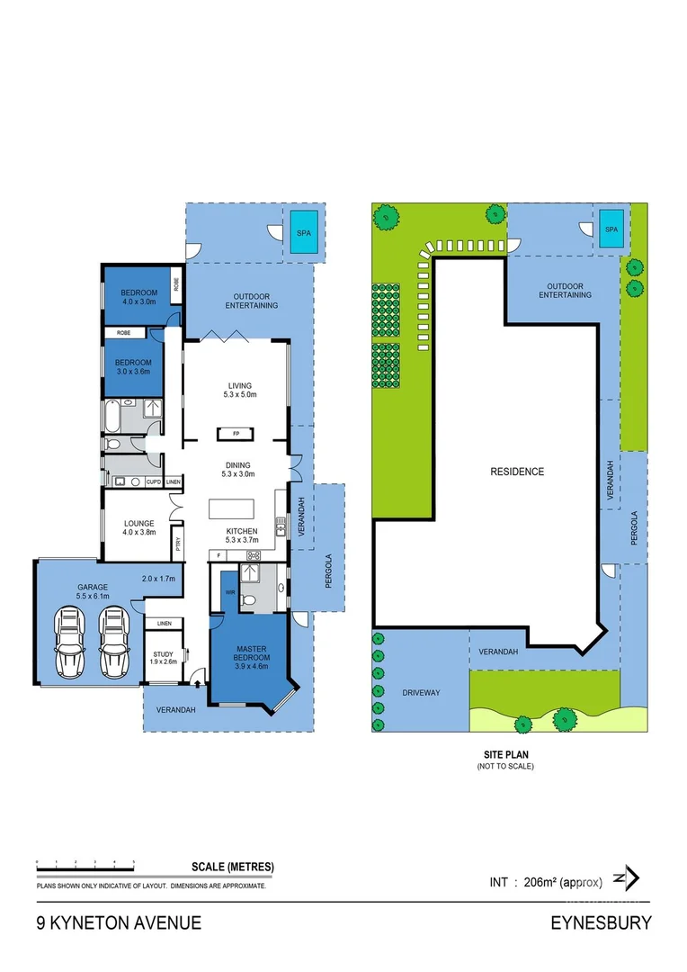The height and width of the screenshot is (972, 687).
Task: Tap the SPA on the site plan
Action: pos(611,229)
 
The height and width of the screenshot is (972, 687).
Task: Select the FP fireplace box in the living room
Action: pos(236,434)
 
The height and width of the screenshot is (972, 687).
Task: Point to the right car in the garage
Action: pos(112,643)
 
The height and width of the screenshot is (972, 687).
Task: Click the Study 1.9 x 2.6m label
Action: pos(163,658)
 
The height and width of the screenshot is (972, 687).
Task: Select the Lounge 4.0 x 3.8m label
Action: pos(138,526)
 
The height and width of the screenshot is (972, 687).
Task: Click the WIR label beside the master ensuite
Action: pos(230,592)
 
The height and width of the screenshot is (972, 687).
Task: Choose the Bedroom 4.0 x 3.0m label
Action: pos(139,297)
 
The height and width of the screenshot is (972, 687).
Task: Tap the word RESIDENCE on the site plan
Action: pos(516,472)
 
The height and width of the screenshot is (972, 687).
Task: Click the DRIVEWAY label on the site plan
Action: pos(421,692)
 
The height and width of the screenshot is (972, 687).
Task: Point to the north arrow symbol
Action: pos(625,877)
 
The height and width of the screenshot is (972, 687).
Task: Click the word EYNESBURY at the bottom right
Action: pos(601,922)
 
